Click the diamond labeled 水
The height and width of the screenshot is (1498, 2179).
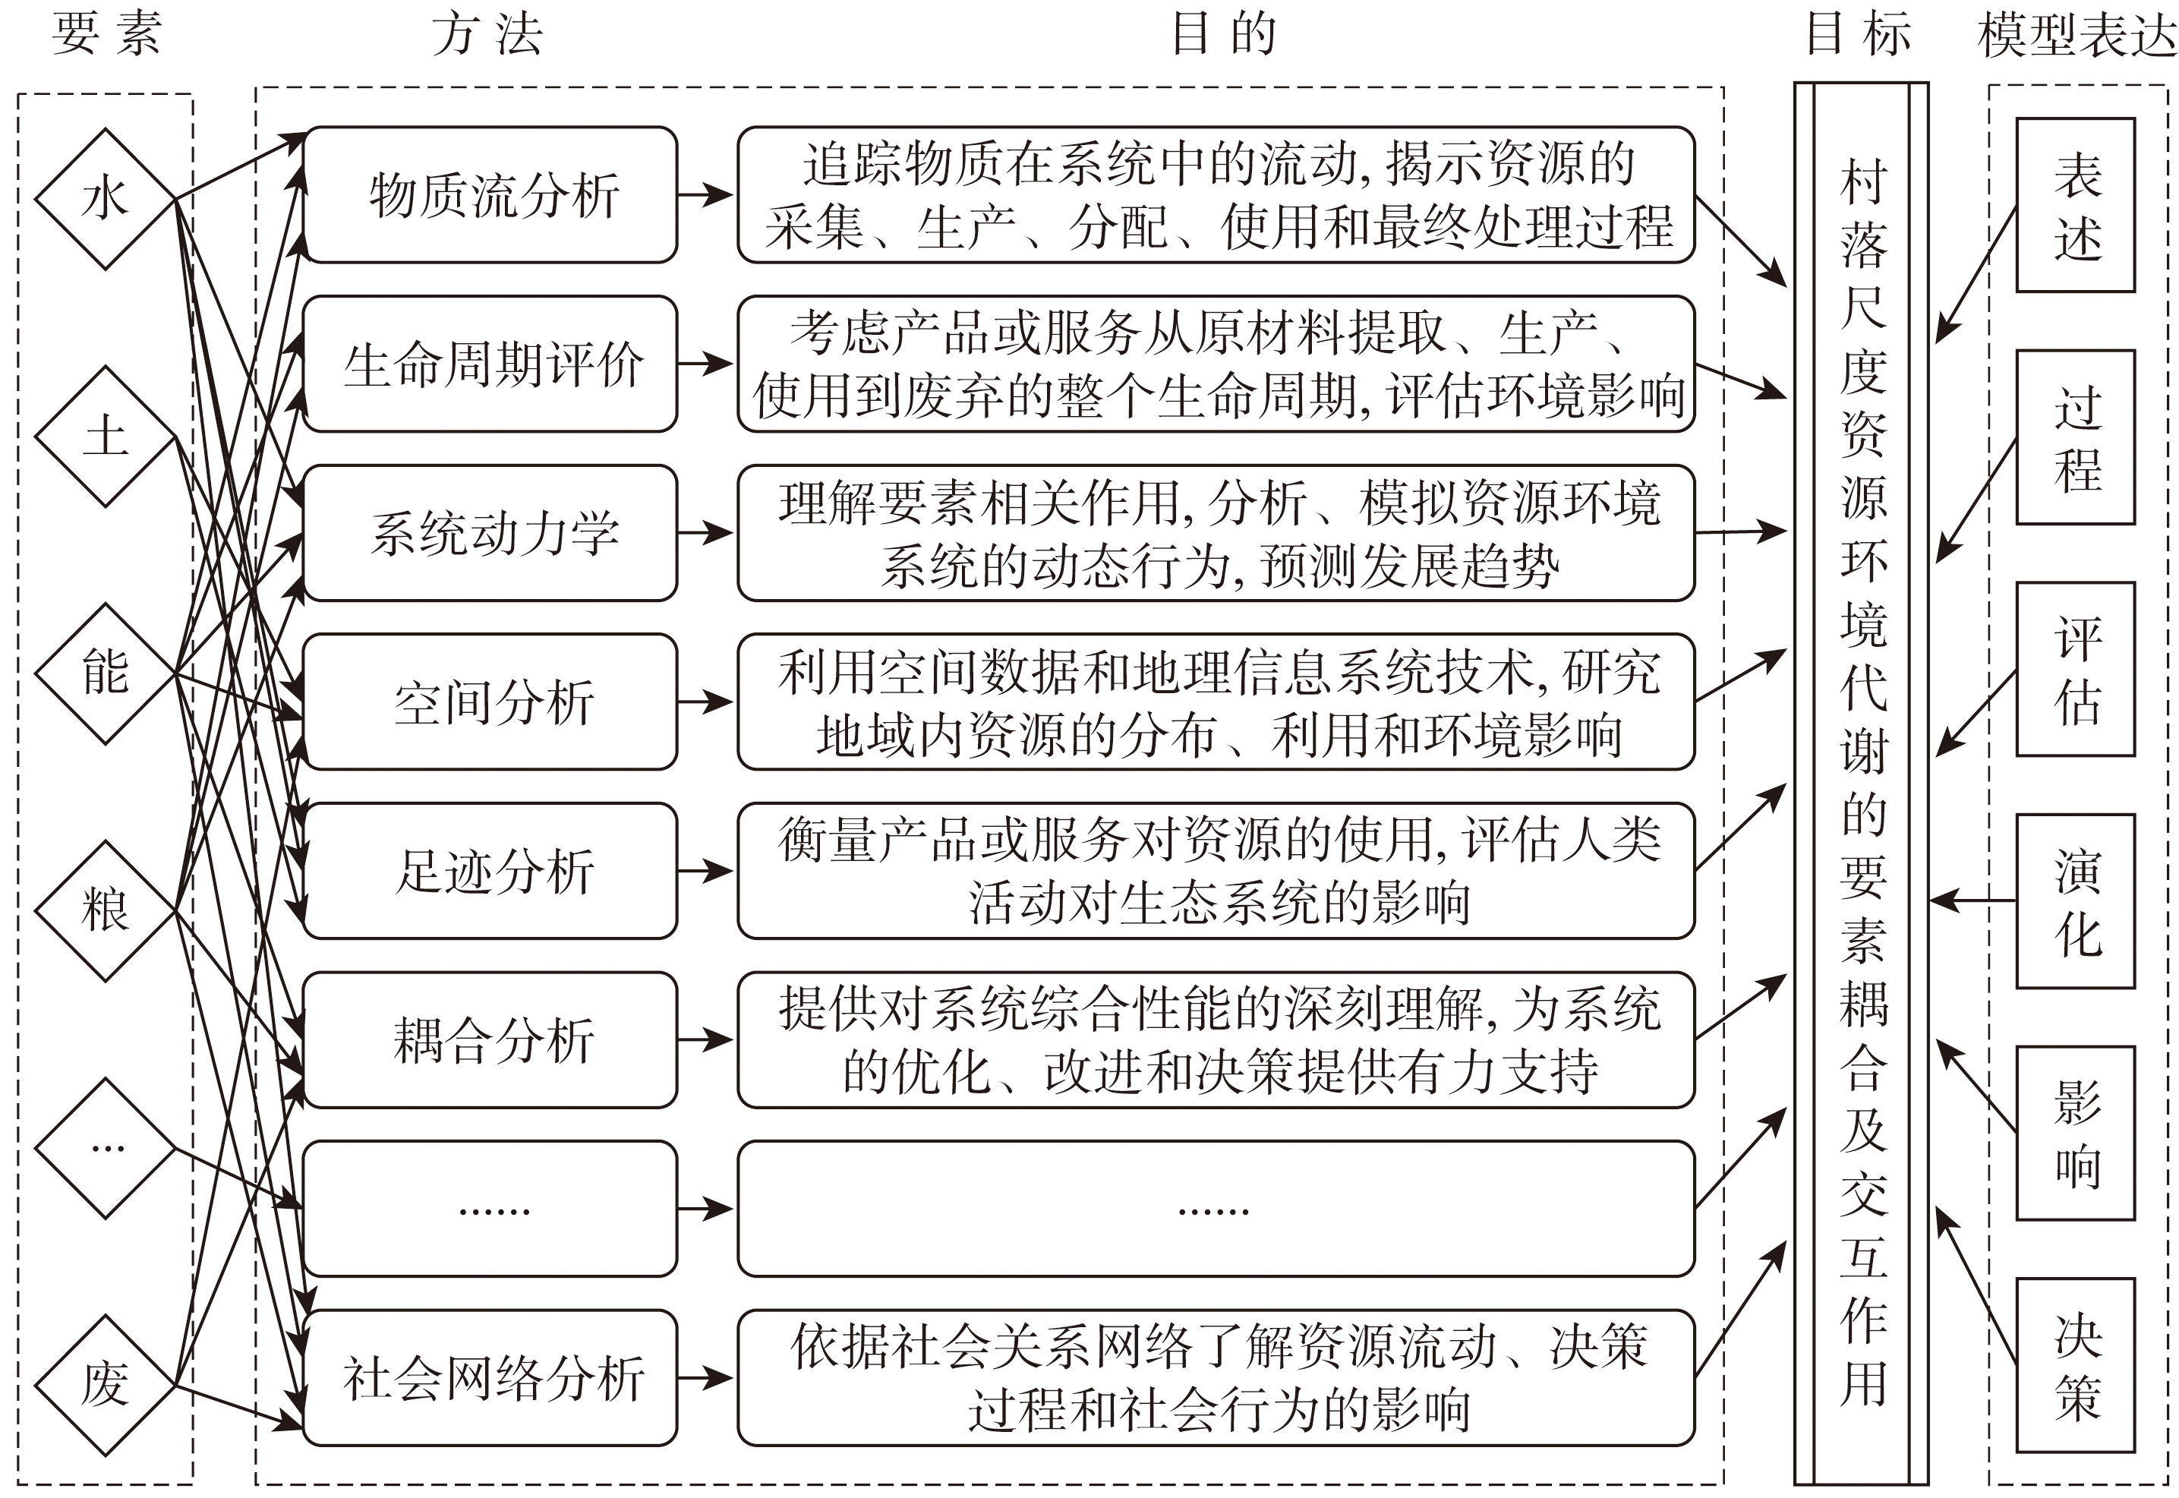pyautogui.click(x=105, y=199)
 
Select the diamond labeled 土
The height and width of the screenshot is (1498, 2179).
pyautogui.click(x=105, y=437)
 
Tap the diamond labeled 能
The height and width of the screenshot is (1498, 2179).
pyautogui.click(x=105, y=673)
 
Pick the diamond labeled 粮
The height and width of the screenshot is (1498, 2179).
pyautogui.click(x=105, y=910)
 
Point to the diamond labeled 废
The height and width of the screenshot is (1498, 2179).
pyautogui.click(x=105, y=1383)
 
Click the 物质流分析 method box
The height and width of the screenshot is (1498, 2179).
pyautogui.click(x=490, y=195)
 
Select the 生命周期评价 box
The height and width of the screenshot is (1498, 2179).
pyautogui.click(x=490, y=364)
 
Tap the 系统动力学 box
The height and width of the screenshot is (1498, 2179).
pyautogui.click(x=490, y=533)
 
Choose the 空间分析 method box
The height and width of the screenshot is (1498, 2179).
pyautogui.click(x=490, y=702)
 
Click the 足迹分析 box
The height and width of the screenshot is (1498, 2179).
pyautogui.click(x=490, y=871)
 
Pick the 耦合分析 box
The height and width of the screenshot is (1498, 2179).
pyautogui.click(x=490, y=1040)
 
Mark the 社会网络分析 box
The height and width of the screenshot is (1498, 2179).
pyautogui.click(x=490, y=1378)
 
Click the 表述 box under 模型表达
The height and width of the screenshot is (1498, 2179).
pyautogui.click(x=2076, y=204)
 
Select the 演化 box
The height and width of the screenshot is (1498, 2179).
pyautogui.click(x=2076, y=901)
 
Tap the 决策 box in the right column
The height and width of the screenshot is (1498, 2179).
pyautogui.click(x=2076, y=1366)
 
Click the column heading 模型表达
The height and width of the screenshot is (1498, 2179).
pyautogui.click(x=2076, y=35)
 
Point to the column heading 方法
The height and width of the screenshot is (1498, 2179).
pyautogui.click(x=488, y=35)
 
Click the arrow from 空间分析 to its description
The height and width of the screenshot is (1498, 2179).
pyautogui.click(x=705, y=702)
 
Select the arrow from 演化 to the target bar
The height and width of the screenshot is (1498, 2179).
pyautogui.click(x=1972, y=901)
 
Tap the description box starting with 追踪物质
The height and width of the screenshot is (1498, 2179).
pyautogui.click(x=1216, y=195)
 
